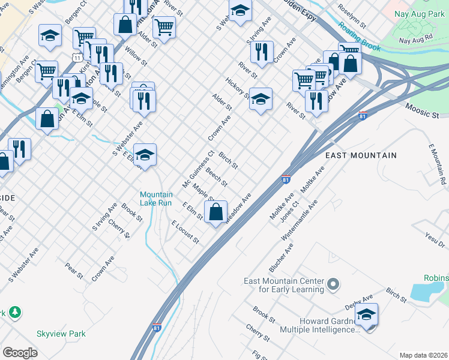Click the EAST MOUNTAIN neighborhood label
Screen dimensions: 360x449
pos(361,155)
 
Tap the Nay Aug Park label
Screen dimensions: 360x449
pos(421,14)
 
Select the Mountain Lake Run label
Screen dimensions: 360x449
pos(156,199)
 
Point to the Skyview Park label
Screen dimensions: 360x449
pos(61,334)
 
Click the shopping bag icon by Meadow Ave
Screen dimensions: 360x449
pos(216,212)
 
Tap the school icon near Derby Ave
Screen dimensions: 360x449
pos(366,314)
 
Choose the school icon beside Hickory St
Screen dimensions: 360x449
pos(261,99)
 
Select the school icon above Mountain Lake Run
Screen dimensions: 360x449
pos(145,155)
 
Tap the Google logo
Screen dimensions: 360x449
pos(20,352)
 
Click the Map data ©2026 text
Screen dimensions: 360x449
pos(423,355)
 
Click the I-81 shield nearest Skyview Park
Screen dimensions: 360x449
pos(157,328)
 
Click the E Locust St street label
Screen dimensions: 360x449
pos(184,232)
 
